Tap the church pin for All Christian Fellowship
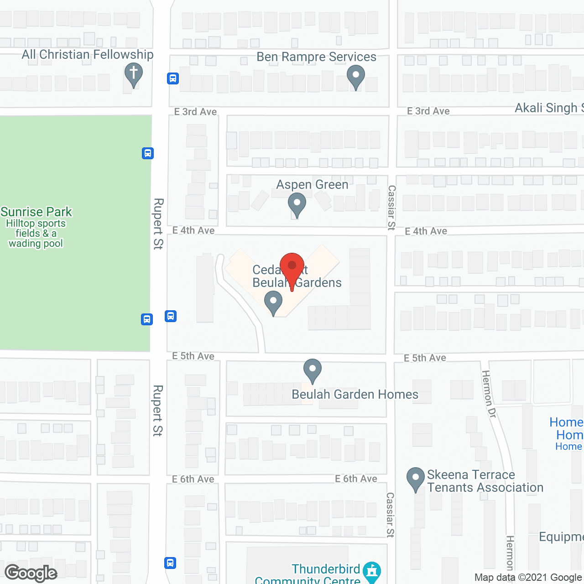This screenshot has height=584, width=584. (x=134, y=74)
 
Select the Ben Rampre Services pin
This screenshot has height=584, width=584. (x=355, y=76)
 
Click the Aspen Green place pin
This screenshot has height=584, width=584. (x=297, y=203)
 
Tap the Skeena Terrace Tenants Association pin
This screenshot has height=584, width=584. (x=416, y=479)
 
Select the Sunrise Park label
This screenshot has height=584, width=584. (x=36, y=212)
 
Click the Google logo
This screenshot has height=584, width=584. (x=31, y=573)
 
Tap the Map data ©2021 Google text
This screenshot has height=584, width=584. (x=528, y=578)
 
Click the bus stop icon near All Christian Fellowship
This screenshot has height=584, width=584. (x=172, y=78)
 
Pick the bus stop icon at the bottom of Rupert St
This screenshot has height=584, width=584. (x=170, y=563)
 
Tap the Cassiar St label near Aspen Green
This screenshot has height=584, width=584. (x=391, y=208)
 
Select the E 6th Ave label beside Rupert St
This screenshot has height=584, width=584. (x=193, y=479)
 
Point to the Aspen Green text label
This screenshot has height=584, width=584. (x=312, y=184)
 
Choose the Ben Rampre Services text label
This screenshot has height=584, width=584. (x=316, y=57)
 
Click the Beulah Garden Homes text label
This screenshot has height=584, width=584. (x=355, y=394)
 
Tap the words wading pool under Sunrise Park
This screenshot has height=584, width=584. (x=36, y=244)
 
